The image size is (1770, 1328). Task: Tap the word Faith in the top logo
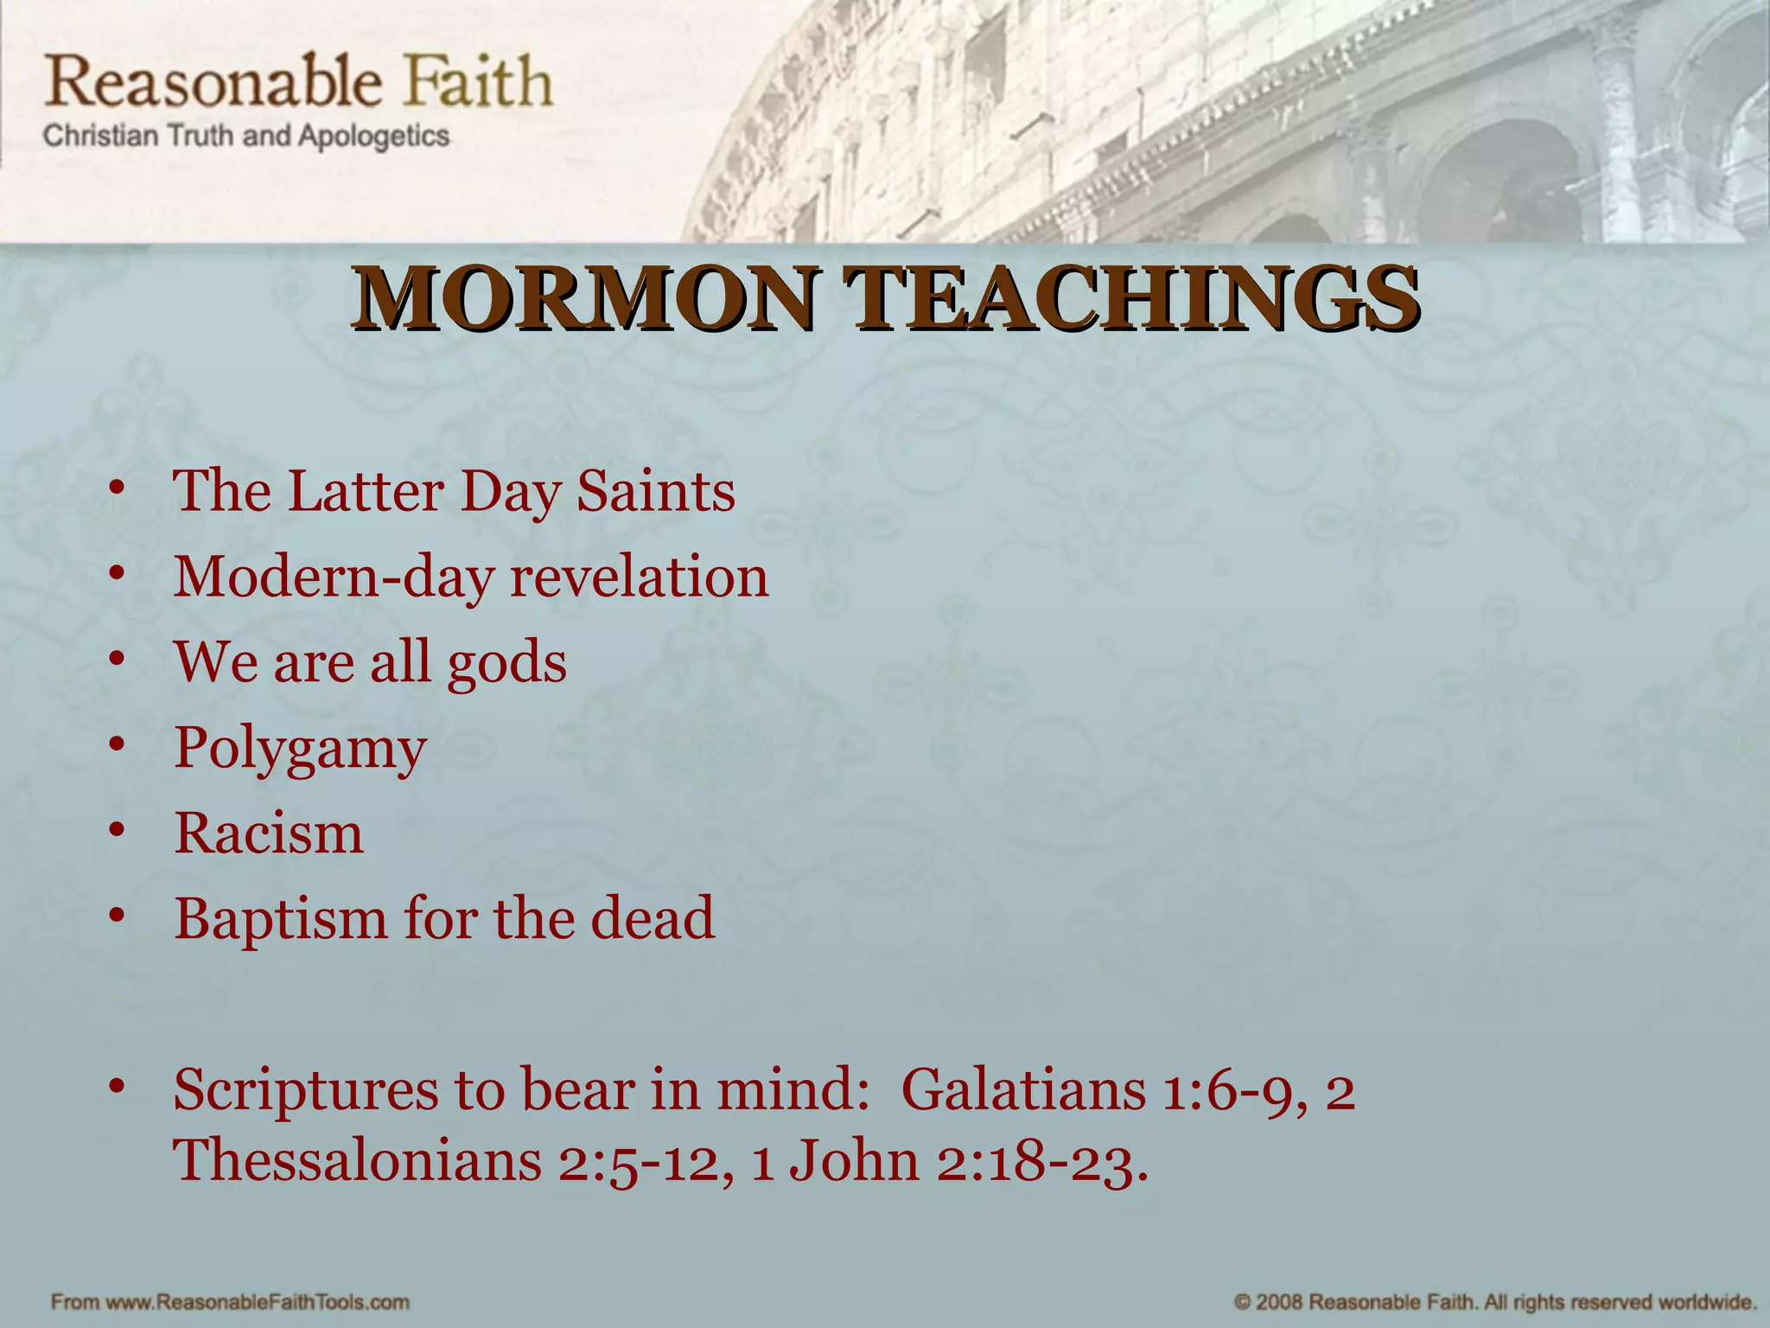pyautogui.click(x=478, y=83)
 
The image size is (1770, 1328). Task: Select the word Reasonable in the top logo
pyautogui.click(x=213, y=83)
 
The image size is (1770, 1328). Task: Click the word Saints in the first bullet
pyautogui.click(x=656, y=491)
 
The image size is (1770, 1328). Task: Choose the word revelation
pyautogui.click(x=639, y=576)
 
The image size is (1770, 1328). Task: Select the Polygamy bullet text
pyautogui.click(x=300, y=749)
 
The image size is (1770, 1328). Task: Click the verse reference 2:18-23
pyautogui.click(x=1041, y=1160)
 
